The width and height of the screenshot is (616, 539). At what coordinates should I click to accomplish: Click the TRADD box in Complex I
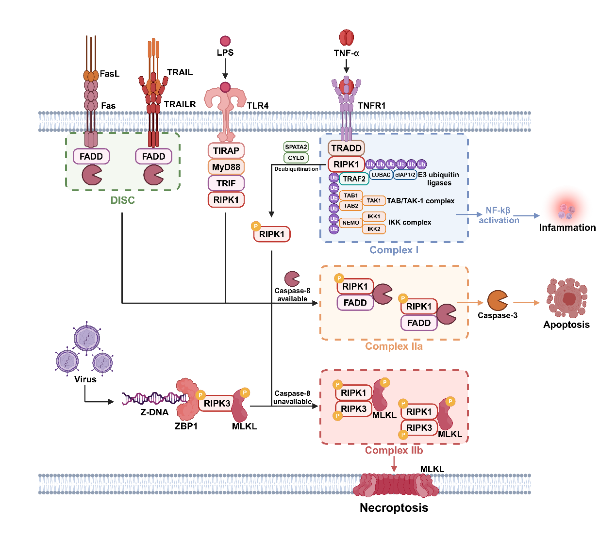pos(346,148)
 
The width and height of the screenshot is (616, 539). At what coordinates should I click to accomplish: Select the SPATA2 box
pos(296,147)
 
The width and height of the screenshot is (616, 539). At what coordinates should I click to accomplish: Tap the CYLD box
pos(296,158)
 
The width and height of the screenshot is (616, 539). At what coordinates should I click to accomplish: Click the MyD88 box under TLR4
pos(226,167)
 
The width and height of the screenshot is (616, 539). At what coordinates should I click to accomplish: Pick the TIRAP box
pos(226,150)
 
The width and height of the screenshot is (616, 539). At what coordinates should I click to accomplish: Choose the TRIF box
pos(226,183)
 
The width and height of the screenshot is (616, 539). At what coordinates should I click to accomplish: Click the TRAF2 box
pos(354,179)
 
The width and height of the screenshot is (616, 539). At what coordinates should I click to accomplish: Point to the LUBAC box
pos(381,175)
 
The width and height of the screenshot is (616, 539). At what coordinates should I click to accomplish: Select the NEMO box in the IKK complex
pos(350,223)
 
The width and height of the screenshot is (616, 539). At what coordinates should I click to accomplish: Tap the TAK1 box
pos(374,200)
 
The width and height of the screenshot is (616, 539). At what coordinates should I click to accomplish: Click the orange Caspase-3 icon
pos(497,301)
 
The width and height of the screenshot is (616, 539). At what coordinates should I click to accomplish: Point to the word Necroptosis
pos(394,508)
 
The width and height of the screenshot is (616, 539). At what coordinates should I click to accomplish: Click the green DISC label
pos(122,200)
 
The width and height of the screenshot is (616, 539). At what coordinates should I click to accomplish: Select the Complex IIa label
pos(394,346)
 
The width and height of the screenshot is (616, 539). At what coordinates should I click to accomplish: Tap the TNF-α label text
pos(346,53)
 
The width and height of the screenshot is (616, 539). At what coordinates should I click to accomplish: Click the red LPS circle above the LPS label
pos(225,41)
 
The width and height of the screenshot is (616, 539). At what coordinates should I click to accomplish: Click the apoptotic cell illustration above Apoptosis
pos(566,298)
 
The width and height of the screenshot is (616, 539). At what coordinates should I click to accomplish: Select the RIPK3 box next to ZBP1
pos(216,403)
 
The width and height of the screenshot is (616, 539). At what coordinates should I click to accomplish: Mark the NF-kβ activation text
pos(499,215)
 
